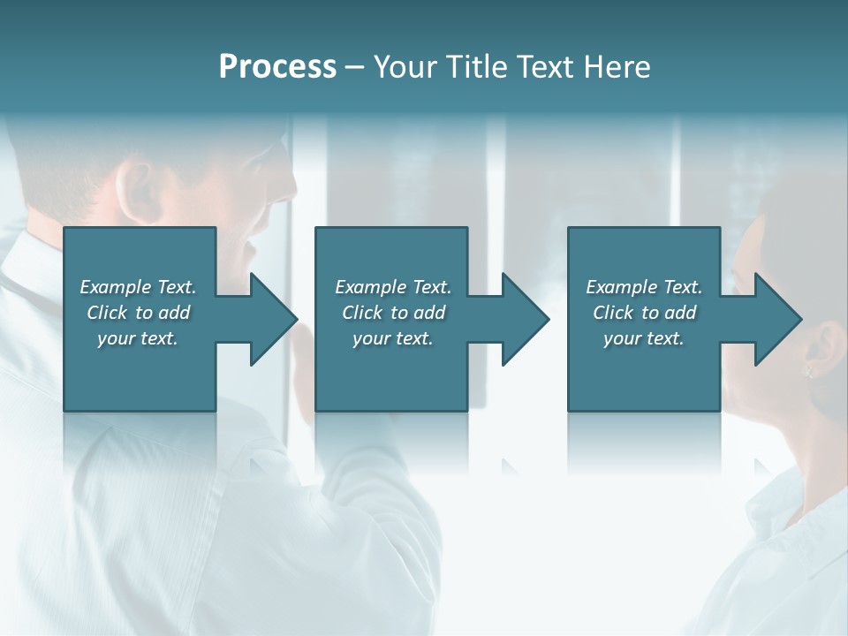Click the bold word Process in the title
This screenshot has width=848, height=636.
(x=277, y=67)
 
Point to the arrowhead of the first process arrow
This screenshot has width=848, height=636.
(x=274, y=319)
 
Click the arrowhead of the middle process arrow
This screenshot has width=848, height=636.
(x=526, y=319)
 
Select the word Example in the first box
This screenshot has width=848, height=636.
(x=116, y=287)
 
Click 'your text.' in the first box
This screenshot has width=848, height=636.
(x=138, y=338)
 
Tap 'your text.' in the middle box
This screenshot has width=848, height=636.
(x=392, y=338)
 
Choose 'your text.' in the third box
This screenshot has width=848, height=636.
(x=644, y=338)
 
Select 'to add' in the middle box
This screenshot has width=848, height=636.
(x=418, y=313)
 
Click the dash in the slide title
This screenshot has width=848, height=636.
(x=354, y=67)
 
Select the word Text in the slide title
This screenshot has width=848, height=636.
(x=541, y=67)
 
